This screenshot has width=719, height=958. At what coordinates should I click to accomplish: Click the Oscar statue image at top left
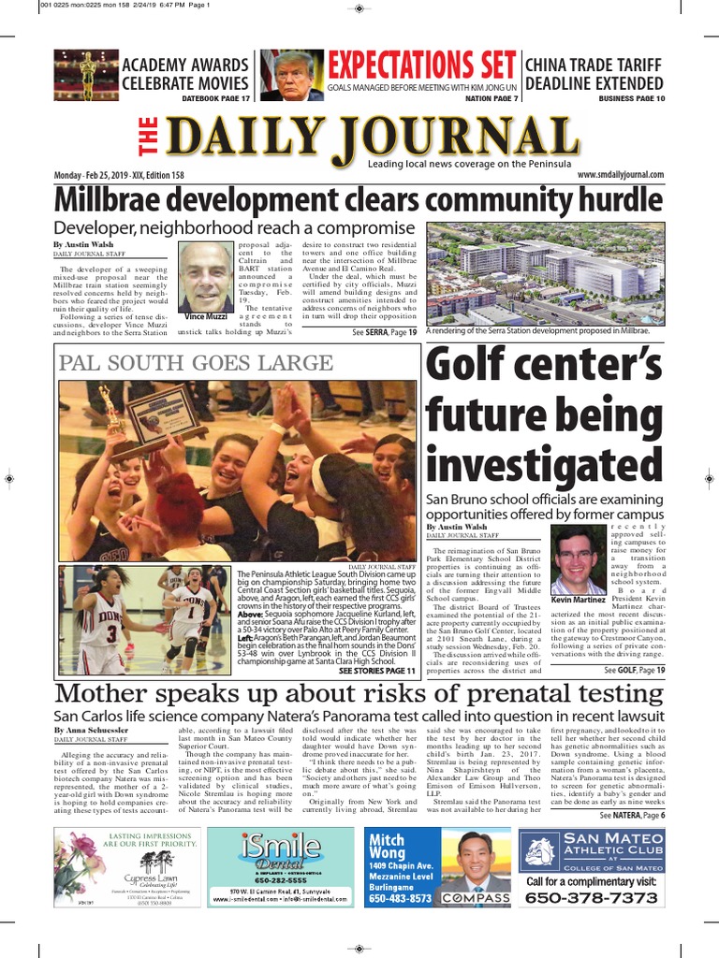click(86, 76)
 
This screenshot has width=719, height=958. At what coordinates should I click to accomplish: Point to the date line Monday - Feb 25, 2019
click(118, 175)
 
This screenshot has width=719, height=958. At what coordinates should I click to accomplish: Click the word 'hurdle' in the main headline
click(615, 200)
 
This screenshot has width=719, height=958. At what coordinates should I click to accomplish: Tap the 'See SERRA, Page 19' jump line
click(384, 332)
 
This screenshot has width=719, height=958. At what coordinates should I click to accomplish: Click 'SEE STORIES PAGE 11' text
click(376, 671)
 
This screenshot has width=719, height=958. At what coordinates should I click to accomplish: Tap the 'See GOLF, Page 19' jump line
click(634, 671)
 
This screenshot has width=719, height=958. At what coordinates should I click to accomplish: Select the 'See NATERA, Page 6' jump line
click(632, 816)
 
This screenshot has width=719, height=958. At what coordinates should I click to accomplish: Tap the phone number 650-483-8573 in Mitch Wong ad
click(400, 898)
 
